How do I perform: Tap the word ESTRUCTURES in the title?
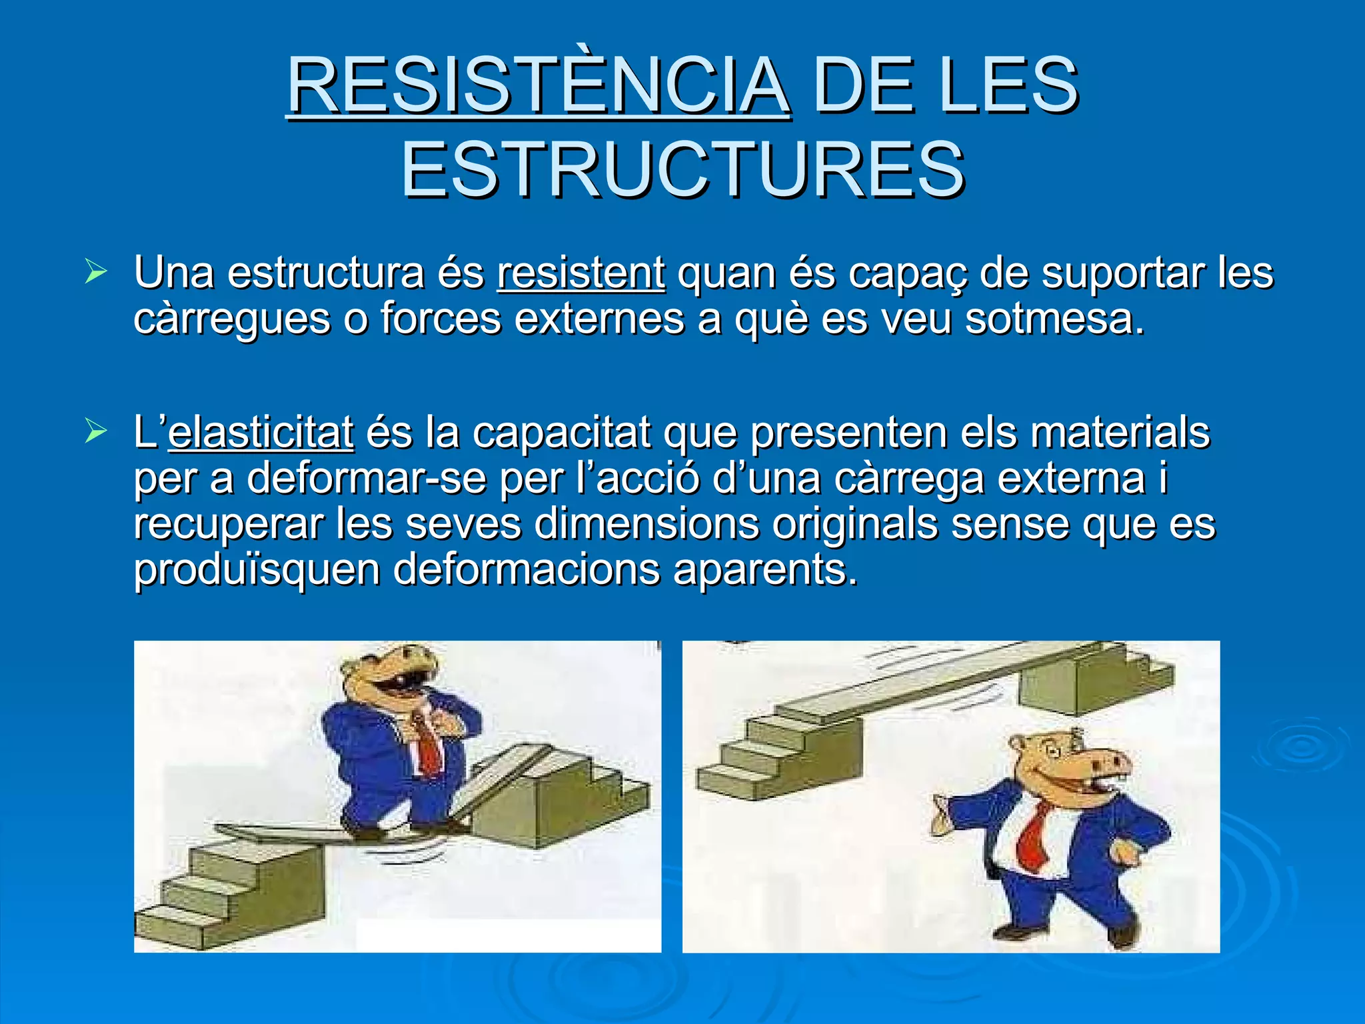click(x=682, y=169)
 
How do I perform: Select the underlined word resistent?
click(x=581, y=273)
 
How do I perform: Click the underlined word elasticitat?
click(x=261, y=433)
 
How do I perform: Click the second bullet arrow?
click(x=96, y=431)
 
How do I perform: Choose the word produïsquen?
click(x=257, y=570)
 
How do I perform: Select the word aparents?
click(x=764, y=570)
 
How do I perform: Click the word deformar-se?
click(x=366, y=479)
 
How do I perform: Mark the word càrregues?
click(x=231, y=319)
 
